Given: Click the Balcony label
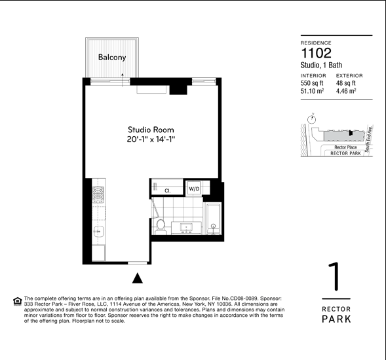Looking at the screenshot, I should (x=111, y=58).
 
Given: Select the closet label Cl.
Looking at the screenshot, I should (x=167, y=190).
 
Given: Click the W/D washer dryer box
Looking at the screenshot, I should (x=194, y=189).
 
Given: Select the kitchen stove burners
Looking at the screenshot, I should (x=98, y=193).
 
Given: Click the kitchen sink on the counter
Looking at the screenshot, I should (x=98, y=230).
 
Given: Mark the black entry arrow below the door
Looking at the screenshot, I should (x=137, y=278).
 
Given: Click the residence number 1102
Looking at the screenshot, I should (x=316, y=54).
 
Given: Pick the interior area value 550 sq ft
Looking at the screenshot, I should (x=312, y=83).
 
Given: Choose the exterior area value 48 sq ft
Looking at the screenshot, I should (x=345, y=83).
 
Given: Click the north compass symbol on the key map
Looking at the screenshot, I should (x=313, y=118).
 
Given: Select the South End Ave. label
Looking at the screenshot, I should (x=369, y=138).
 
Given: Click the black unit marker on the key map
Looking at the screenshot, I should (x=351, y=133).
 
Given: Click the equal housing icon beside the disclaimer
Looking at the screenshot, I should (x=17, y=301).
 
